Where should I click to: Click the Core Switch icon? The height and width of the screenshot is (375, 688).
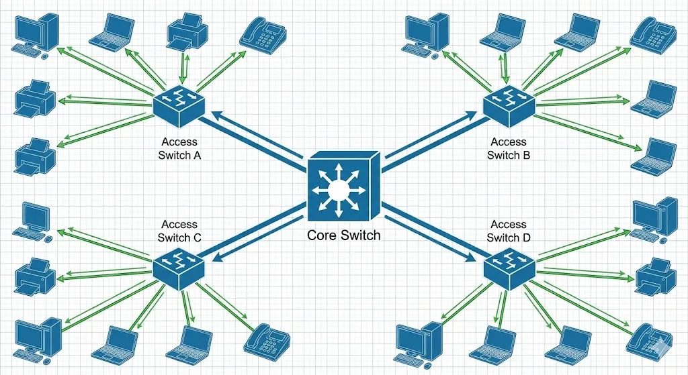tap(343, 189)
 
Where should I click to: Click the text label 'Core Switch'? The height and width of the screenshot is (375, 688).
tap(343, 235)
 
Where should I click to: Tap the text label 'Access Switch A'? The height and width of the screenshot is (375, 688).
tap(179, 148)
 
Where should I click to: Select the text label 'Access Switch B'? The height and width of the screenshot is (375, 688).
tap(509, 148)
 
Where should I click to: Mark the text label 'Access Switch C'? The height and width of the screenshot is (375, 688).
tap(179, 231)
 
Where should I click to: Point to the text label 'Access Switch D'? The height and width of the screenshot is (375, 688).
tap(509, 231)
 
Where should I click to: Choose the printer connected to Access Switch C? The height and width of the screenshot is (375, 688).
tap(33, 275)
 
